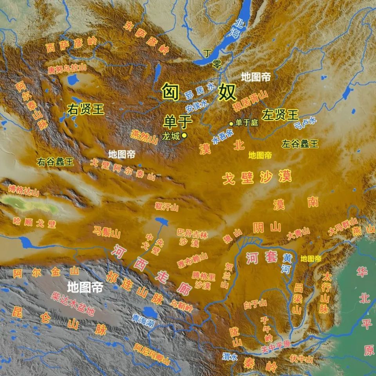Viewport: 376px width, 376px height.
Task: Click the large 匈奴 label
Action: click(199, 92)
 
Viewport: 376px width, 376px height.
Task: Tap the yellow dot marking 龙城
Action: click(184, 135)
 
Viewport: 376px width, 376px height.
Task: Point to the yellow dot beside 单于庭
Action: click(231, 123)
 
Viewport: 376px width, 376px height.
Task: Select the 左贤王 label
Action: click(280, 115)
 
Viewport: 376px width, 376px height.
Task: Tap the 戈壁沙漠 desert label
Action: click(257, 177)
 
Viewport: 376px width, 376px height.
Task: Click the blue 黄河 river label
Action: click(287, 263)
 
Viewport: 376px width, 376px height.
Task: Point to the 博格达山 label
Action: click(24, 190)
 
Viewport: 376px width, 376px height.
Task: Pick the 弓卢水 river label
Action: click(305, 123)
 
